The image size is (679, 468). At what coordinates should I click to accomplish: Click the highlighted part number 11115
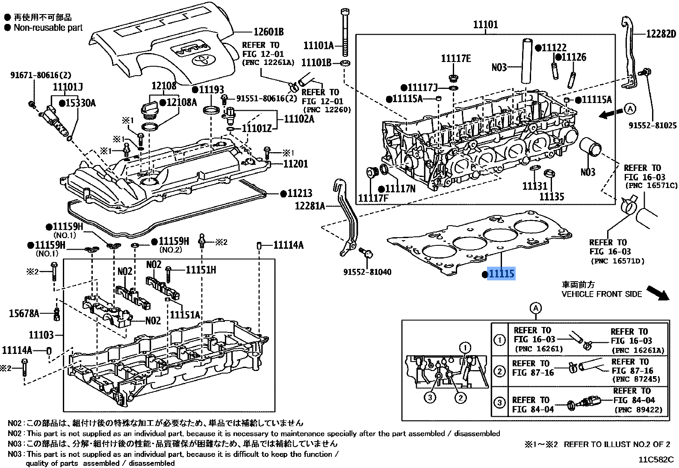(x=501, y=274)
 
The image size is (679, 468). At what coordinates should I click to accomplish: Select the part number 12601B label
(x=269, y=32)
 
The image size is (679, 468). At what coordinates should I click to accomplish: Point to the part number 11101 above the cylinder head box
(x=485, y=25)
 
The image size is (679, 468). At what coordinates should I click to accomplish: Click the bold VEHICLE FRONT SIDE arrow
(x=657, y=293)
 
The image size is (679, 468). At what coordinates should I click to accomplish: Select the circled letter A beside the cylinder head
(x=630, y=109)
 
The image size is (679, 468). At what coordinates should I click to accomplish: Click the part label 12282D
(x=661, y=34)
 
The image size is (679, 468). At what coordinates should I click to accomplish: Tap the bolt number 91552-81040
(x=367, y=272)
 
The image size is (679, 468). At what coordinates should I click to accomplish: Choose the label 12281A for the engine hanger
(x=310, y=206)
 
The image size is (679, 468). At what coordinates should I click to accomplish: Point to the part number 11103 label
(x=41, y=335)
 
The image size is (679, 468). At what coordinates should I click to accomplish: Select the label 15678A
(x=24, y=314)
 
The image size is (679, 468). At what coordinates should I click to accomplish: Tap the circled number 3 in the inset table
(x=499, y=403)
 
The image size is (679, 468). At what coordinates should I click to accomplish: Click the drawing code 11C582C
(x=656, y=460)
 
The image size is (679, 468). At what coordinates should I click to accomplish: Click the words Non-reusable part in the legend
(x=48, y=28)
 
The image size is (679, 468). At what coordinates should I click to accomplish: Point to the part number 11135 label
(x=551, y=197)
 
